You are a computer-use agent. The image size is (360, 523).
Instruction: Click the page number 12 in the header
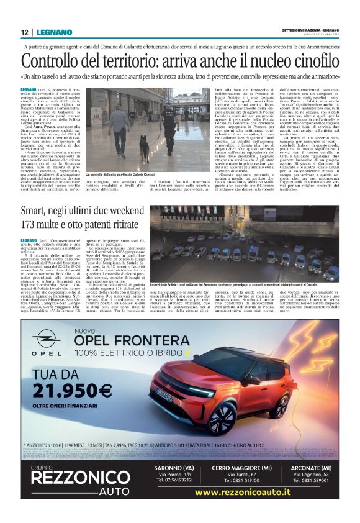(24, 32)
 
